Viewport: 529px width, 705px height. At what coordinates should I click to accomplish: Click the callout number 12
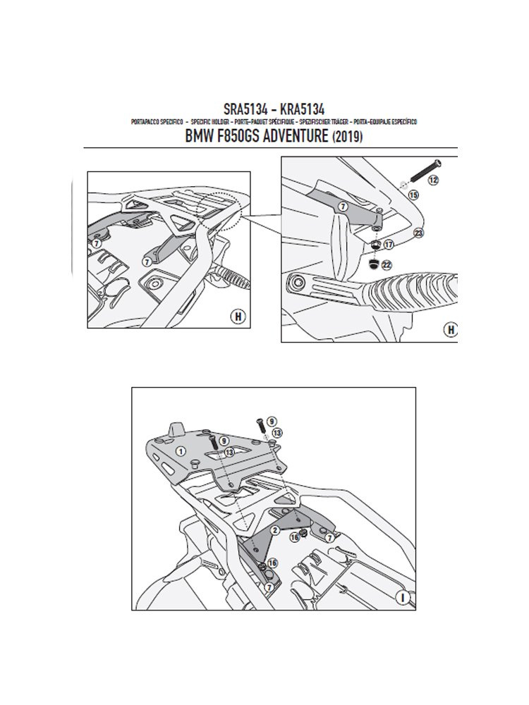(x=433, y=180)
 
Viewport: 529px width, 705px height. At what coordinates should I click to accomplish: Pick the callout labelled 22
(x=387, y=265)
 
